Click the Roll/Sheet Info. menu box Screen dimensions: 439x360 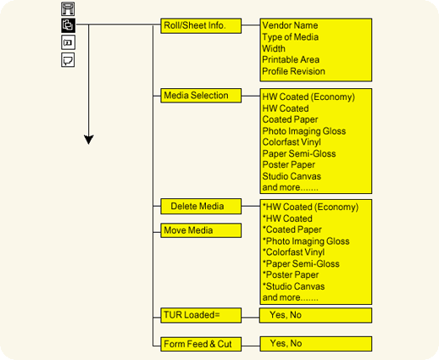point(201,26)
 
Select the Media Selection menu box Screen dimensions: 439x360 point(201,96)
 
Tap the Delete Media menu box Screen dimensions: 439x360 point(201,207)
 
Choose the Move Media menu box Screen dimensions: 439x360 point(201,230)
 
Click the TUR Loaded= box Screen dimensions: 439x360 point(201,315)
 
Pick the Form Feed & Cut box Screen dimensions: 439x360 point(201,344)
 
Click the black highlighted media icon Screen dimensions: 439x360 point(68,25)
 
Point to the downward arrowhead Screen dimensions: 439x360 point(89,140)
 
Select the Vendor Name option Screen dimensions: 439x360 point(290,25)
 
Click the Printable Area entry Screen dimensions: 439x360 point(291,60)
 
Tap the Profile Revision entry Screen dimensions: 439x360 point(293,71)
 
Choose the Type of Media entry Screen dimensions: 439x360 point(290,37)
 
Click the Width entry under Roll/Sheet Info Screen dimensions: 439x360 point(274,48)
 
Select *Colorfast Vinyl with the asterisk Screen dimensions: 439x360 point(293,252)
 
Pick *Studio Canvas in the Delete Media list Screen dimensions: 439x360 point(293,286)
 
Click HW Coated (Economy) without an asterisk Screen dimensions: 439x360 point(308,97)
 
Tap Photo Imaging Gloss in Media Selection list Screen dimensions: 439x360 point(304,131)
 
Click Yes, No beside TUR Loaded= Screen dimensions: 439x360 point(286,315)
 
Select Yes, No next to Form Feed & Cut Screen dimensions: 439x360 point(286,344)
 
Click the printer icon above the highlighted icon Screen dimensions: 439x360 point(68,8)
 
